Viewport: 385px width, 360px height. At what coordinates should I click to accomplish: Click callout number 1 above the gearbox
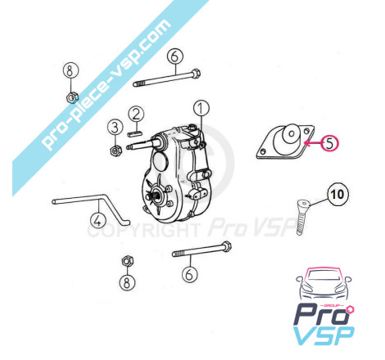click(x=202, y=108)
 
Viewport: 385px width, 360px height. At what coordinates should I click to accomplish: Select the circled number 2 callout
click(x=136, y=114)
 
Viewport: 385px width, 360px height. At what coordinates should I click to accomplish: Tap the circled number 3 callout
click(x=115, y=127)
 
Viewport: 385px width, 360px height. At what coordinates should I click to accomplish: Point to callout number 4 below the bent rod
click(x=98, y=220)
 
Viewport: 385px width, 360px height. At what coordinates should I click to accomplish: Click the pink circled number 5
click(x=329, y=143)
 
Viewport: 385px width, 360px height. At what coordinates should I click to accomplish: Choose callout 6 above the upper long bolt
click(x=175, y=56)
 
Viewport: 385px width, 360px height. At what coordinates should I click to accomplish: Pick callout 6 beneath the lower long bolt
click(x=189, y=274)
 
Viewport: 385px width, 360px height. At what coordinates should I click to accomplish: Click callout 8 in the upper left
click(x=70, y=71)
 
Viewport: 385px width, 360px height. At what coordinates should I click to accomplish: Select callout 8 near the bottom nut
click(x=127, y=282)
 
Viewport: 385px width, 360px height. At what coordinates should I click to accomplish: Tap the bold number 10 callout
click(x=337, y=194)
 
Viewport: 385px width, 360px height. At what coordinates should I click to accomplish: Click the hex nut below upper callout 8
click(x=72, y=97)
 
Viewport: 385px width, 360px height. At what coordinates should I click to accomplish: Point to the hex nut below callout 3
click(x=115, y=151)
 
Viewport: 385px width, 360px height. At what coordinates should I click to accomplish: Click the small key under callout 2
click(x=134, y=133)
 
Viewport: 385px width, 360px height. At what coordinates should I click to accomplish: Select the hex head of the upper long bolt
click(x=195, y=74)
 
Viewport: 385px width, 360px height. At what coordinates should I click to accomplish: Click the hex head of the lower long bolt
click(x=226, y=246)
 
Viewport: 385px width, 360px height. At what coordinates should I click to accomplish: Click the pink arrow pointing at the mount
click(x=313, y=142)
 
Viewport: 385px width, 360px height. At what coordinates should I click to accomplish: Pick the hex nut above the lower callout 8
click(x=127, y=261)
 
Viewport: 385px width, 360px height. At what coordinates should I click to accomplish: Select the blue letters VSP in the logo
click(x=324, y=335)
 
